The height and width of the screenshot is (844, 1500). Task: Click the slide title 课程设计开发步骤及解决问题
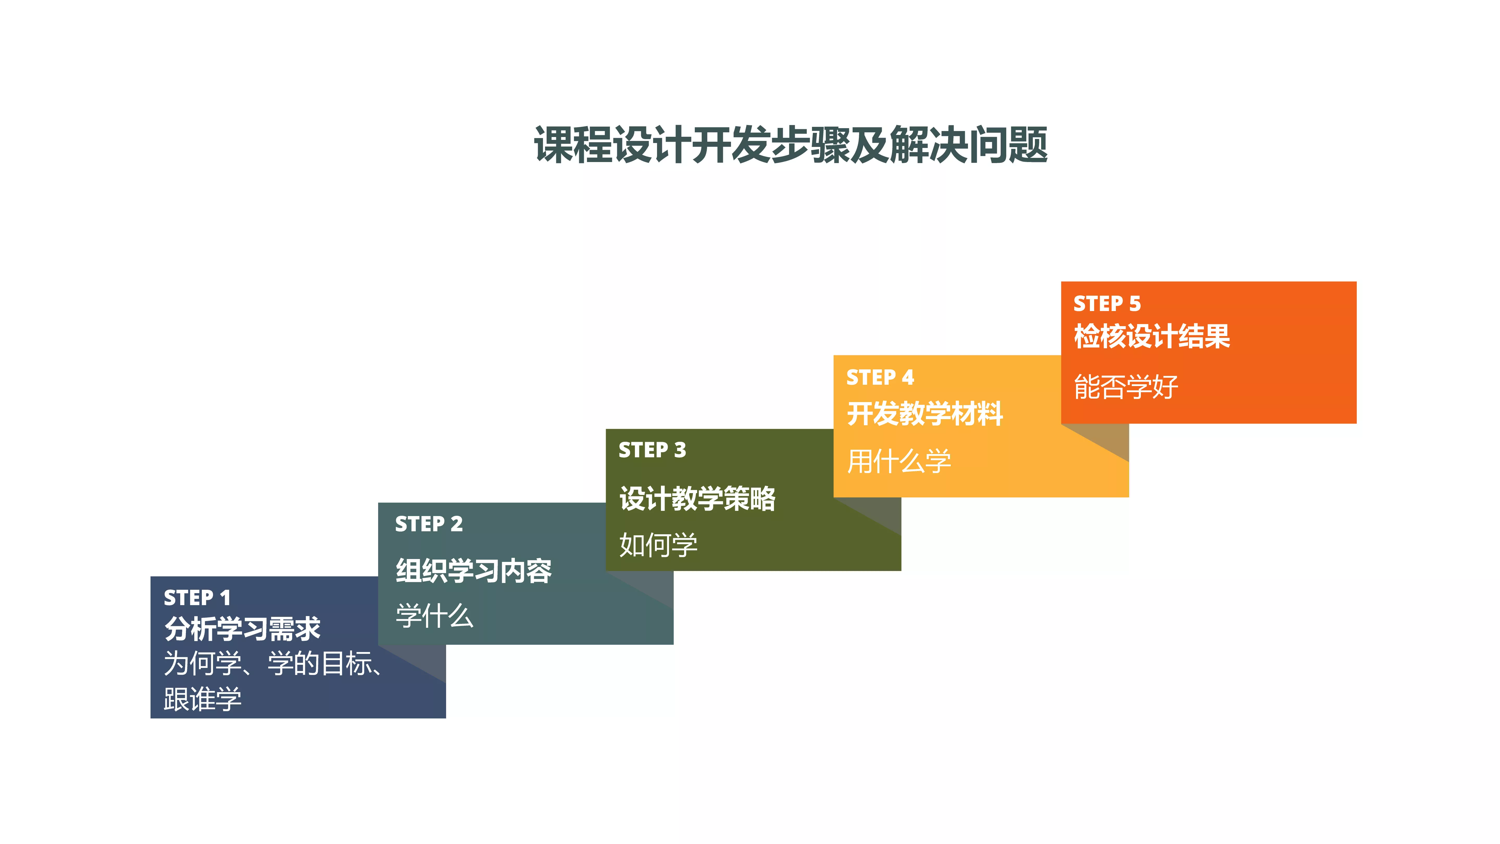pyautogui.click(x=791, y=145)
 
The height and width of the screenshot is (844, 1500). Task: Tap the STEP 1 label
pyautogui.click(x=197, y=598)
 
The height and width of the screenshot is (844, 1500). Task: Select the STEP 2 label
pyautogui.click(x=429, y=524)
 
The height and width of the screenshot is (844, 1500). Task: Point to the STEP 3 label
pyautogui.click(x=652, y=450)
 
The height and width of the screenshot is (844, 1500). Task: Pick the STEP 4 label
pyautogui.click(x=880, y=377)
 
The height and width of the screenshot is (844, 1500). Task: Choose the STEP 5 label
pyautogui.click(x=1107, y=303)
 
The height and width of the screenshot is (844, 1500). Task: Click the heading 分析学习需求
pyautogui.click(x=242, y=629)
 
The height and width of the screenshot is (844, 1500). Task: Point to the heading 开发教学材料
pyautogui.click(x=925, y=414)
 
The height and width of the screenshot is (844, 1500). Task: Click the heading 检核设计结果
pyautogui.click(x=1152, y=336)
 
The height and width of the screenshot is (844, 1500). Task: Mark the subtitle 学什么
pyautogui.click(x=434, y=616)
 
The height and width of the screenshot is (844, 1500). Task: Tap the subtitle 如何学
pyautogui.click(x=658, y=545)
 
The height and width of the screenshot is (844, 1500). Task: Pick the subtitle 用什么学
pyautogui.click(x=898, y=461)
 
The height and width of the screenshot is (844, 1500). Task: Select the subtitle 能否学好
pyautogui.click(x=1126, y=387)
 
